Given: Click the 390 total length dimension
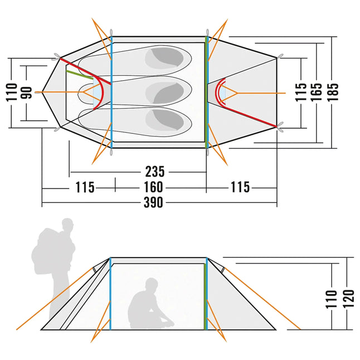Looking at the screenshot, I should [153, 203].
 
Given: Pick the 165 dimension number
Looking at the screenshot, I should [317, 91].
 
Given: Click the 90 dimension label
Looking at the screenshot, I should [26, 92].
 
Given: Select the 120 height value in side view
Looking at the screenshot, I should [348, 299].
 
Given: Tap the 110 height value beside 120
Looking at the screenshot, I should [332, 299].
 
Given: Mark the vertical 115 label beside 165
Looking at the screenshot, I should [301, 91].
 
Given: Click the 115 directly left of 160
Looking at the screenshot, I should [85, 187].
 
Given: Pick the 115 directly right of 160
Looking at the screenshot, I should [241, 187].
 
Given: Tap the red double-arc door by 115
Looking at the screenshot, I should [221, 91].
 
